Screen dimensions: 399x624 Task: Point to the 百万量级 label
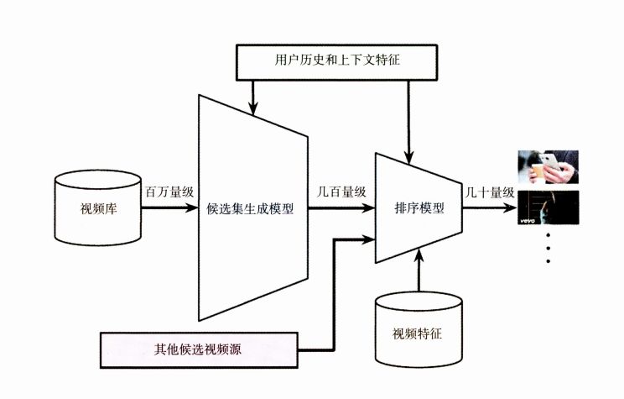tap(169, 192)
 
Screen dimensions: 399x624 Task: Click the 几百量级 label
tap(341, 192)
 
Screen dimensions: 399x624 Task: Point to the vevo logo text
tap(528, 223)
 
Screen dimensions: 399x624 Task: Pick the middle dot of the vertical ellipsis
tap(548, 249)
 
